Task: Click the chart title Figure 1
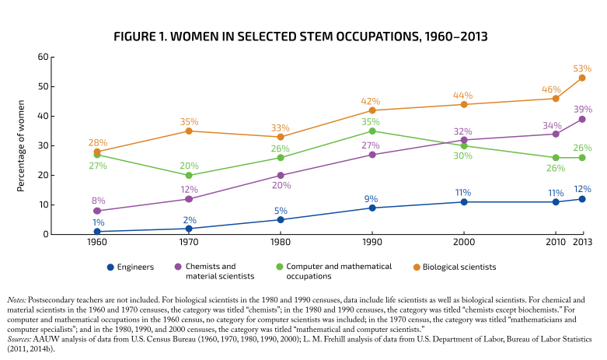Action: point(303,37)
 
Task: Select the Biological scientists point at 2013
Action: point(582,78)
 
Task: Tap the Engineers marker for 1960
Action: point(97,232)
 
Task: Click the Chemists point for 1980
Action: point(281,176)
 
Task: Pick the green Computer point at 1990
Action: point(372,131)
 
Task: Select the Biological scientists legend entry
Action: point(455,267)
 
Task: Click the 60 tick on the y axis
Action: point(44,58)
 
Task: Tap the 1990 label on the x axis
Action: point(372,243)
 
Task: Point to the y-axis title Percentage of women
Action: point(21,145)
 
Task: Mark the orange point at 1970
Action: point(189,131)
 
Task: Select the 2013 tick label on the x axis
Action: point(582,243)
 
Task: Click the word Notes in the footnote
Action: point(15,299)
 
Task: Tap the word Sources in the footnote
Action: point(18,340)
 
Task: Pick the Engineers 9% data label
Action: point(372,198)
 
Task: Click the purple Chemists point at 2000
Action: point(464,140)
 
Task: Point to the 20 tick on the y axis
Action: point(44,176)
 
